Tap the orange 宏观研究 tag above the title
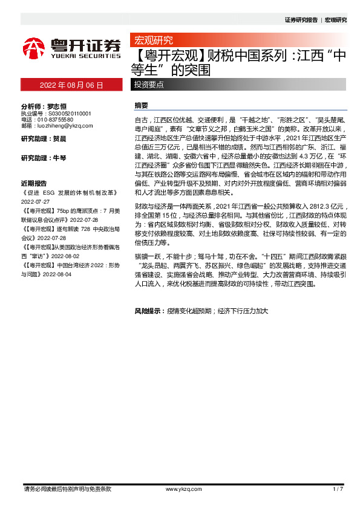point(153,41)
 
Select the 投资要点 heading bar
point(148,85)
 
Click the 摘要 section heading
point(141,105)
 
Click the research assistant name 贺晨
point(59,139)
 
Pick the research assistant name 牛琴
point(59,158)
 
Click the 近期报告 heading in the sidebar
point(34,183)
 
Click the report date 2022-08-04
point(58,274)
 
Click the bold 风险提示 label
point(149,311)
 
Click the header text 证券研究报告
point(301,20)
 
